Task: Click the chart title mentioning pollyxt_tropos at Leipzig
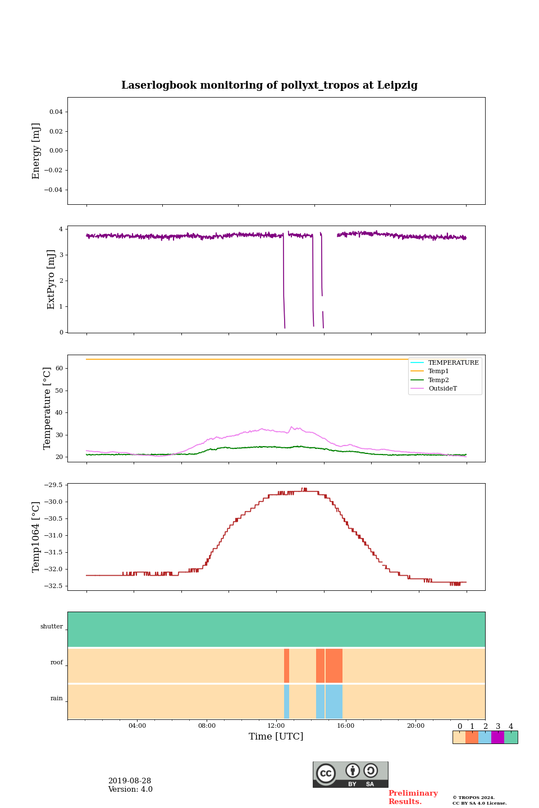tap(269, 85)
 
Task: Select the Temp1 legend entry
tap(438, 371)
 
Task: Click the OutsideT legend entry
tap(442, 389)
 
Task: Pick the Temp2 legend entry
tap(438, 380)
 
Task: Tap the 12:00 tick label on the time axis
tap(276, 726)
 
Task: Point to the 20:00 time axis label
tap(415, 726)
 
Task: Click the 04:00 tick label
tap(137, 726)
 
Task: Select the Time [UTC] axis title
tap(276, 737)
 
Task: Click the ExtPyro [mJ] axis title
tap(51, 279)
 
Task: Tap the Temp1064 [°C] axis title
tap(36, 537)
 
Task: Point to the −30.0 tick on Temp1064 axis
tap(54, 502)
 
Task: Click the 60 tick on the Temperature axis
tap(58, 369)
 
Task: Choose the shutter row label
tap(52, 627)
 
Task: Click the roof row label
tap(57, 663)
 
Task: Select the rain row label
tap(57, 699)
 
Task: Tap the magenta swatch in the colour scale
tap(497, 737)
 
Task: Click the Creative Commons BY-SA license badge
tap(350, 774)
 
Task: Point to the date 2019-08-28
tap(130, 781)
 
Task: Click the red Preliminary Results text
tap(413, 797)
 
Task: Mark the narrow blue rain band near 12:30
tap(286, 701)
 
